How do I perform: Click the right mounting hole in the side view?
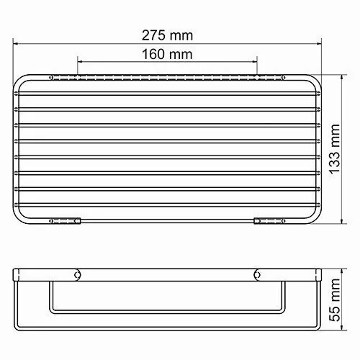pyautogui.click(x=258, y=274)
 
